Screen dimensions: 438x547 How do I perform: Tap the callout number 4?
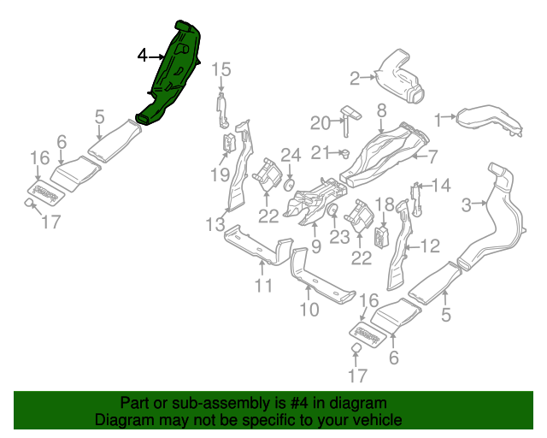(x=143, y=56)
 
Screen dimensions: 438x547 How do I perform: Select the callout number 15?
(x=221, y=69)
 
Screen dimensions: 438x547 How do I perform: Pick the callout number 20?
(x=320, y=123)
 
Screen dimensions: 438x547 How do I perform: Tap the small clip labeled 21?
(x=344, y=153)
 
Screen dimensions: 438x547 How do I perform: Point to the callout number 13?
(x=215, y=224)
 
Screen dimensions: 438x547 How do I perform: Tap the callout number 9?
(x=315, y=247)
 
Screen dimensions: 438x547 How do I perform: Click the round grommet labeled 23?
(x=332, y=210)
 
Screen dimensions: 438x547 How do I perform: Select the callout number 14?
(x=440, y=186)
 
